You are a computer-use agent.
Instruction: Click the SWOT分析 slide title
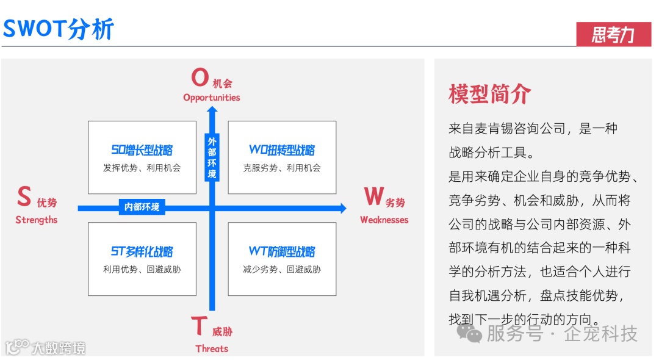point(59,28)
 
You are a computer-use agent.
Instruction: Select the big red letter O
point(200,78)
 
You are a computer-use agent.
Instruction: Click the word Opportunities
point(212,98)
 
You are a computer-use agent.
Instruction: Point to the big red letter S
point(24,197)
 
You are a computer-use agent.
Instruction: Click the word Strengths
point(37,220)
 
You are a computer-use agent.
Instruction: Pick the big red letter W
point(374,197)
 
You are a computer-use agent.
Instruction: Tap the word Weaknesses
point(384,220)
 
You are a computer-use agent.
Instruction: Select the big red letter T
point(200,327)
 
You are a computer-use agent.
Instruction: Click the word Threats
point(212,349)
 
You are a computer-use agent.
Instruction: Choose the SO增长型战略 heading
point(142,150)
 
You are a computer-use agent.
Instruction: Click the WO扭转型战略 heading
point(282,150)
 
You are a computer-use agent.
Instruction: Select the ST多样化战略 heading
point(142,251)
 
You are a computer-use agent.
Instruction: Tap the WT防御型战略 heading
point(282,251)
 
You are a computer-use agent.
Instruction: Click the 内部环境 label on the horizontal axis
point(142,207)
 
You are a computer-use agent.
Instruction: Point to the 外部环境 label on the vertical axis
point(212,158)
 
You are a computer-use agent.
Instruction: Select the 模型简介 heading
point(489,94)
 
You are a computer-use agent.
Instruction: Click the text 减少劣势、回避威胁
point(282,269)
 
